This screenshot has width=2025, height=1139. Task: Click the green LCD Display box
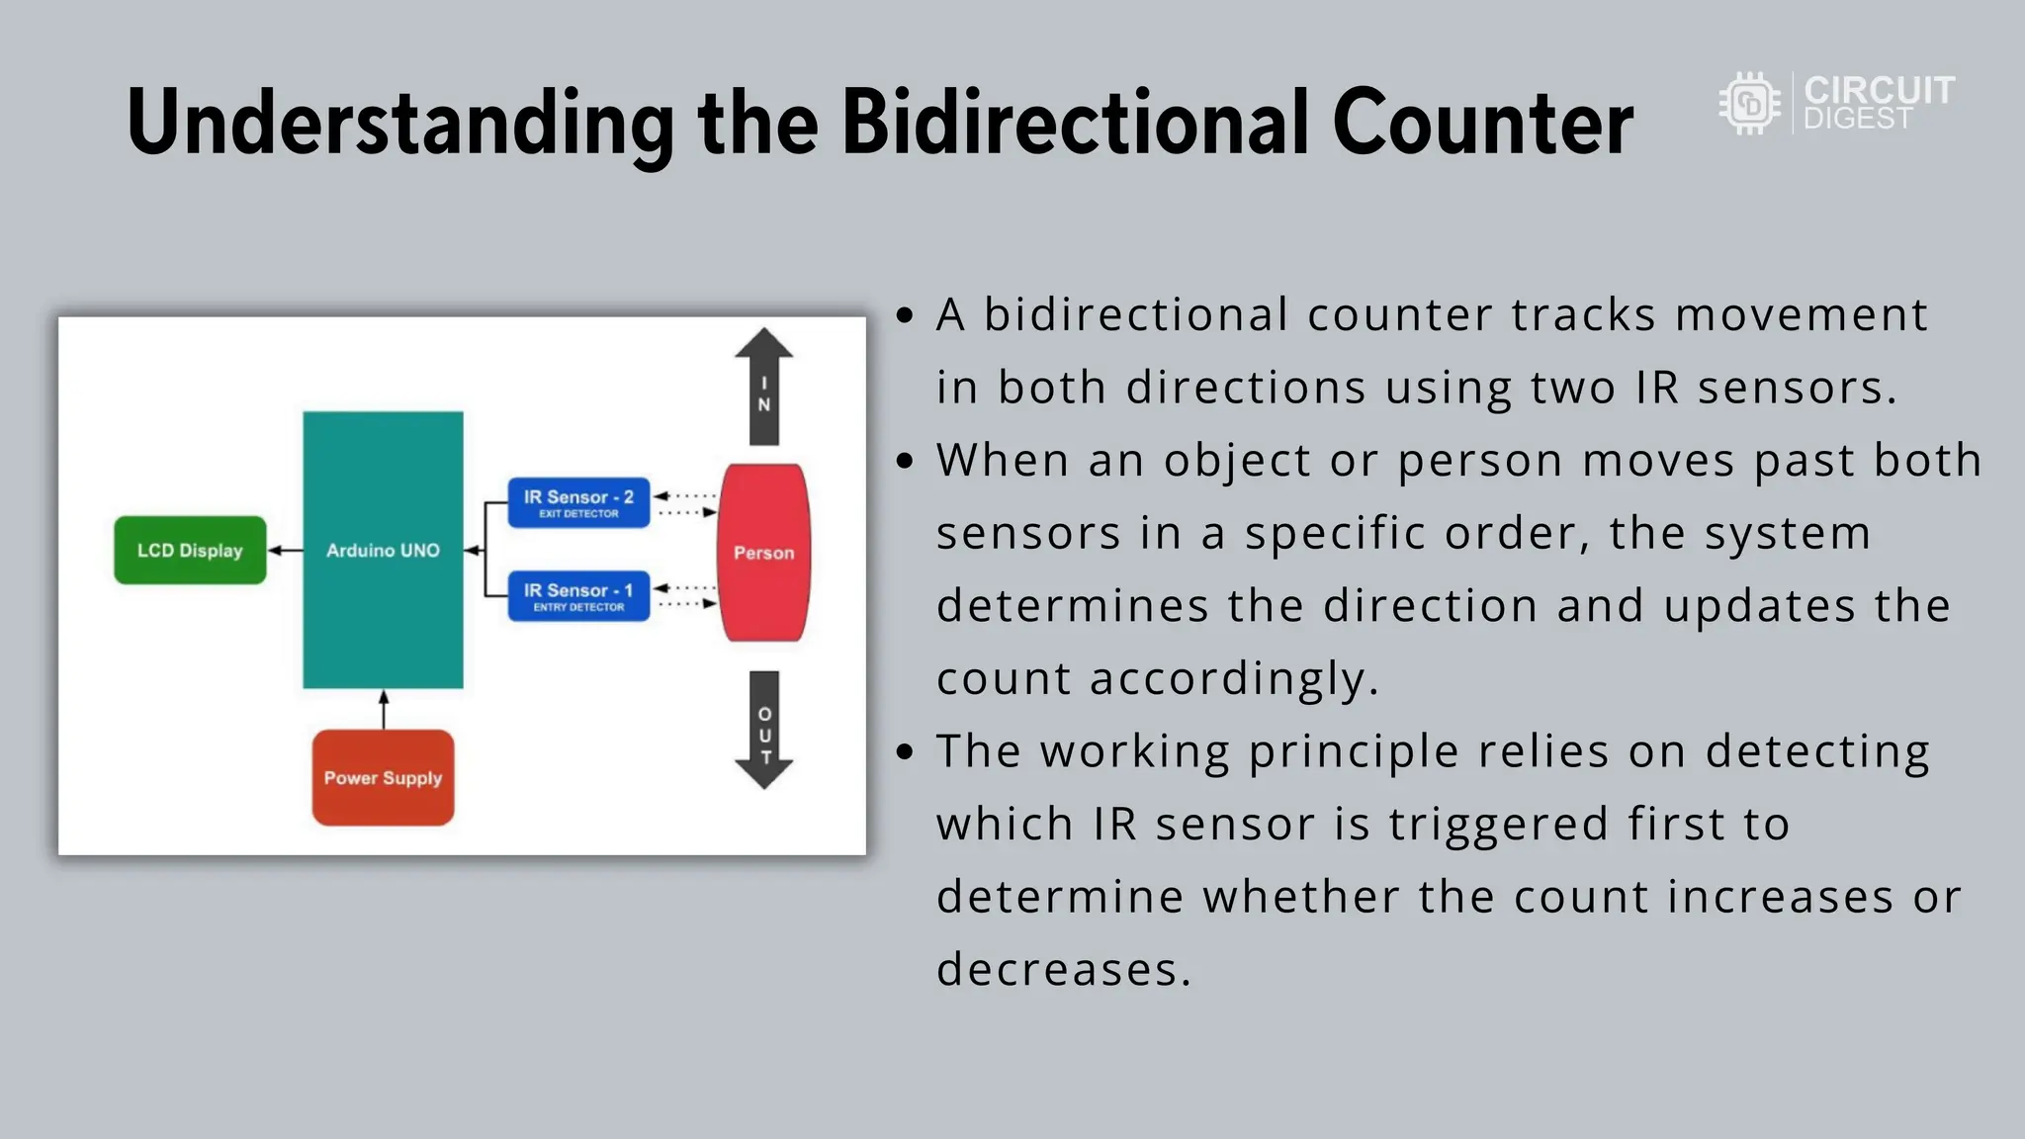(x=190, y=550)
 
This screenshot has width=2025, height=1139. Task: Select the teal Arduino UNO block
(x=383, y=550)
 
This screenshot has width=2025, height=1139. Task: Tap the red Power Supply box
(x=383, y=777)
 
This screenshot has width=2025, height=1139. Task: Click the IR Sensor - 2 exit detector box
(x=578, y=502)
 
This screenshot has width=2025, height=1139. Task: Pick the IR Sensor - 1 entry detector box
(x=578, y=596)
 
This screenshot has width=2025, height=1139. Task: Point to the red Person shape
(x=763, y=552)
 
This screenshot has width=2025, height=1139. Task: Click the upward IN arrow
(x=763, y=386)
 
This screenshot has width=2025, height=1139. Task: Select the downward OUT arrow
(x=763, y=730)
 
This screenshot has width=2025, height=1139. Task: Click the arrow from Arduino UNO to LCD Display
(x=285, y=550)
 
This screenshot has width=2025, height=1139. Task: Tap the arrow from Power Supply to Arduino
(x=384, y=709)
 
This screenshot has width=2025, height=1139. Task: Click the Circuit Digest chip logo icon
(x=1749, y=103)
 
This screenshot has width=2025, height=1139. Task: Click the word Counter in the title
(x=1482, y=123)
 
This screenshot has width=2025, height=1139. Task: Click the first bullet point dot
(x=904, y=315)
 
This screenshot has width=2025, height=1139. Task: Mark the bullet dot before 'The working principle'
(x=904, y=752)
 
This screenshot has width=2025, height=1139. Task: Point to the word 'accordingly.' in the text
(x=1233, y=679)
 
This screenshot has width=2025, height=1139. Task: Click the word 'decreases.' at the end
(x=1064, y=969)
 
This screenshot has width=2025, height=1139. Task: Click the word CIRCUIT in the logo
(x=1879, y=90)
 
